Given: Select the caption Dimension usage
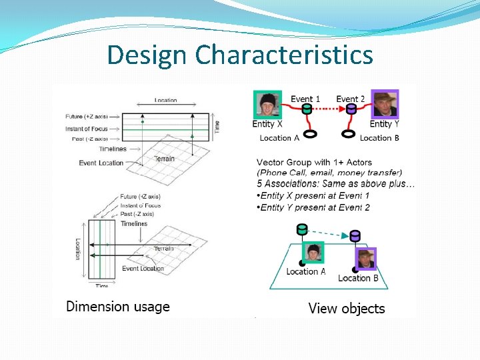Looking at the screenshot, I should point(117,307).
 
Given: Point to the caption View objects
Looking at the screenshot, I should point(346,308).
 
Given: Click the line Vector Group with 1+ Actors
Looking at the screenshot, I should point(314,162).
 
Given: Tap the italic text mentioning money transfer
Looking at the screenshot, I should point(329,172).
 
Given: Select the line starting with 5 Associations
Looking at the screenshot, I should point(335,183).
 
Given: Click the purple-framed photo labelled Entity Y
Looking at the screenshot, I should point(384,104).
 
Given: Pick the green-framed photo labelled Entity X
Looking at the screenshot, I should point(267,104).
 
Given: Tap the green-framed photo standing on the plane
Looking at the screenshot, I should point(313,253).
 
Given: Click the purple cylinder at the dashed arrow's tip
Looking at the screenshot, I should point(355,235).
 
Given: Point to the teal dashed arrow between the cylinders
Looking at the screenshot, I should point(328,231).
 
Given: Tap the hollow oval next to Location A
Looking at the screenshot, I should point(309,133).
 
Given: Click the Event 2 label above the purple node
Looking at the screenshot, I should point(350,99).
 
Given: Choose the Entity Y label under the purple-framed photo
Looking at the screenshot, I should point(384,124).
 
